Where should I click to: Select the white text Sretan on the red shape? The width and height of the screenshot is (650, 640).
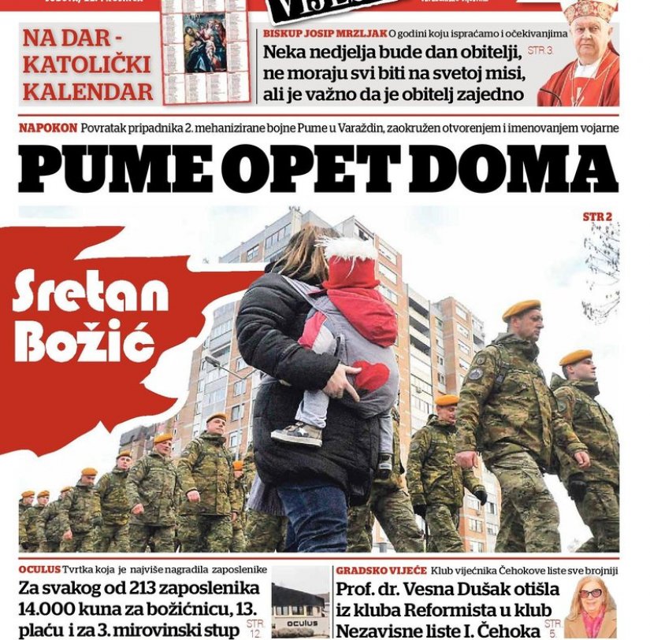pyautogui.click(x=90, y=294)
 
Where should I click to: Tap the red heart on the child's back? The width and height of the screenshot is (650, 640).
pyautogui.click(x=370, y=377)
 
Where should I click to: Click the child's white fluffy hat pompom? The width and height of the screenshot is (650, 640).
pyautogui.click(x=349, y=250)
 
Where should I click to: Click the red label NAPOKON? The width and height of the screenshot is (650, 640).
pyautogui.click(x=48, y=128)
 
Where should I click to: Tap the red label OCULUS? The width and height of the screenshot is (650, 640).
pyautogui.click(x=39, y=569)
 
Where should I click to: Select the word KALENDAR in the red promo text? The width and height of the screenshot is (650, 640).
pyautogui.click(x=87, y=91)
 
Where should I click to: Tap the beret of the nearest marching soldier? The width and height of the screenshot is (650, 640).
pyautogui.click(x=521, y=309)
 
